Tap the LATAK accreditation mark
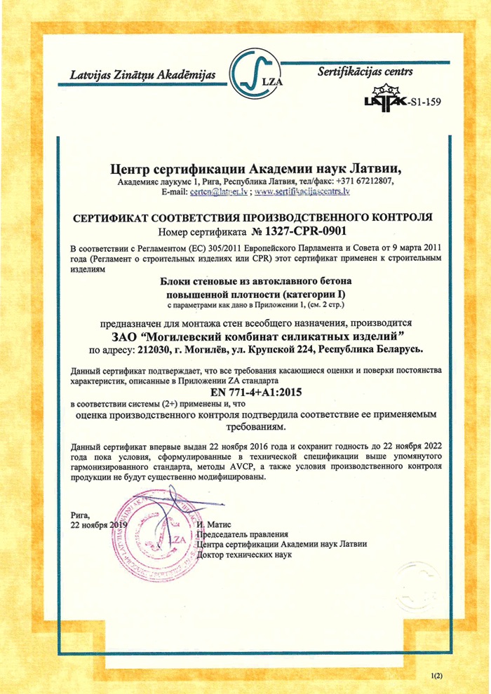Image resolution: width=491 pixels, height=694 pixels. [384, 100]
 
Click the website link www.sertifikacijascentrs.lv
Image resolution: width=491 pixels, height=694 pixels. [302, 191]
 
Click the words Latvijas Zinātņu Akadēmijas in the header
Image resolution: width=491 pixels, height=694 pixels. [143, 75]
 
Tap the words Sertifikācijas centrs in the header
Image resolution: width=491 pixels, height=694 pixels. [365, 72]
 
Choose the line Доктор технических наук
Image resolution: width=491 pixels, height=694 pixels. [246, 554]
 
